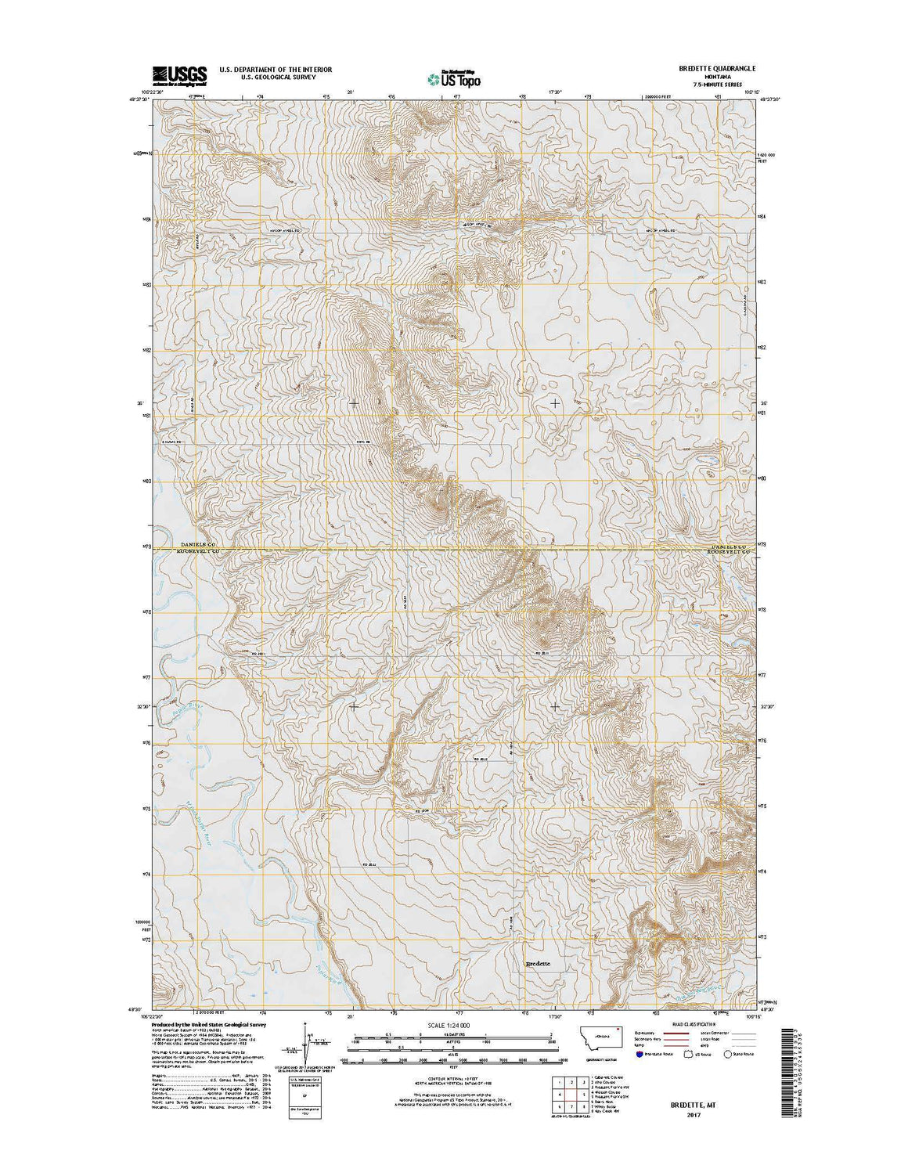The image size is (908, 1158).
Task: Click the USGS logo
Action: point(179,74)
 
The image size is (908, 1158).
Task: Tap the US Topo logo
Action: point(454,78)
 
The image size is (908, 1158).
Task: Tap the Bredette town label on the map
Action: point(538,963)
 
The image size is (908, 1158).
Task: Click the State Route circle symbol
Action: point(727,1055)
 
